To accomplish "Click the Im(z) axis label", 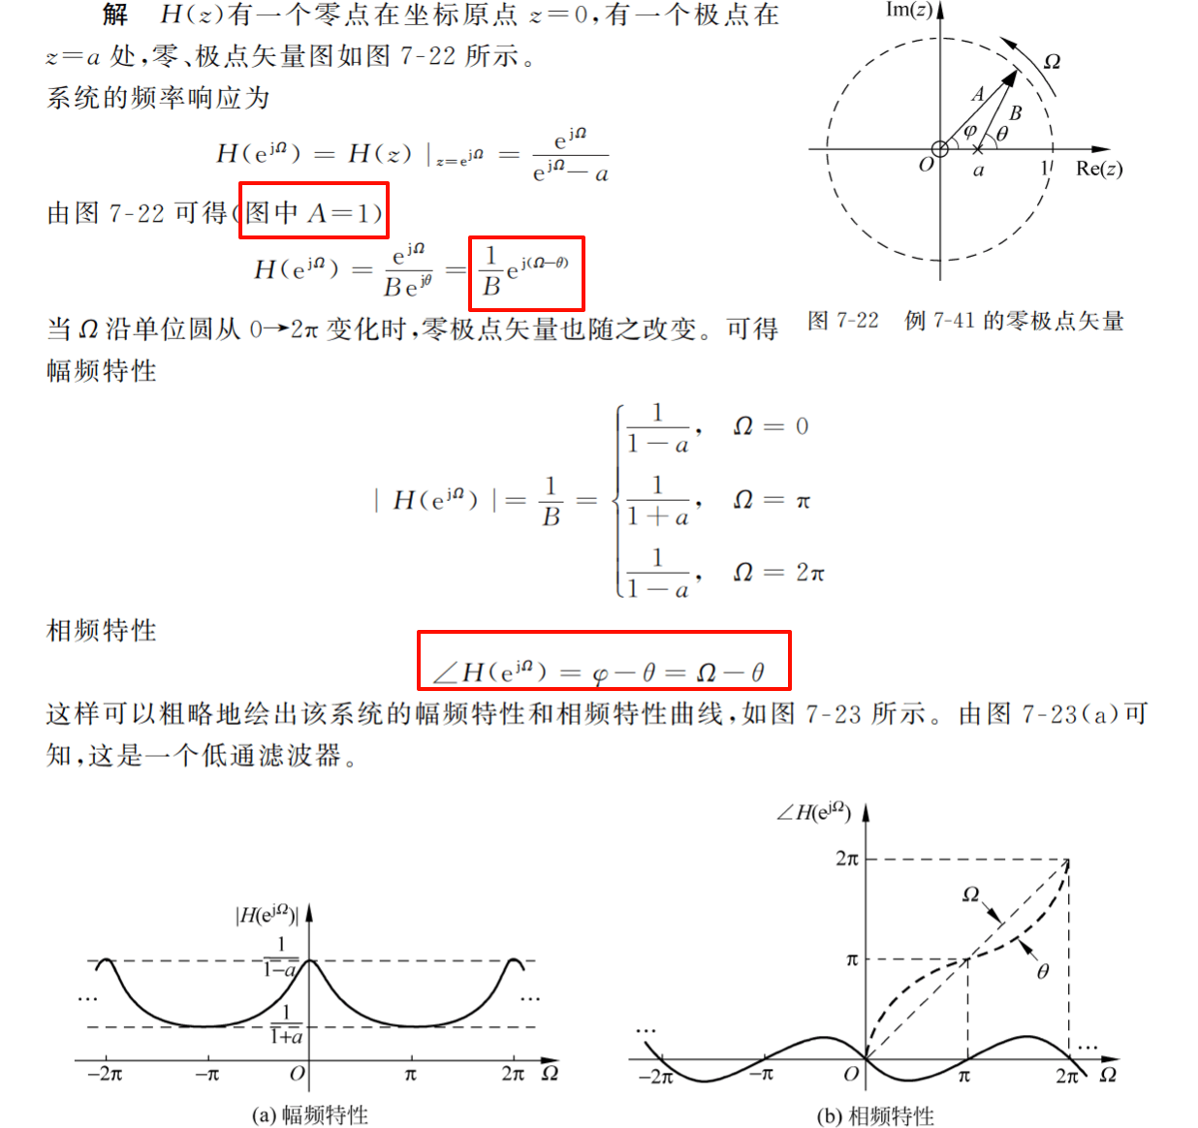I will click(x=908, y=11).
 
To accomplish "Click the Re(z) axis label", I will click(x=1099, y=169).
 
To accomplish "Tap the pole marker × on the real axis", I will click(x=977, y=149).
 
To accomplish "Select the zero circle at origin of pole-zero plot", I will click(x=939, y=148).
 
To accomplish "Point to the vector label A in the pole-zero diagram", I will click(x=978, y=94).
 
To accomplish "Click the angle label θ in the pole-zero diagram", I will click(x=1002, y=134).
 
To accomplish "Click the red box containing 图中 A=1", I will click(x=313, y=211).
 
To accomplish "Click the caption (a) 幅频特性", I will click(x=310, y=1115).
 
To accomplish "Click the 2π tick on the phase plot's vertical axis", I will click(x=846, y=859).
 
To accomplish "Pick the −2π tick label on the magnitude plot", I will click(x=105, y=1074).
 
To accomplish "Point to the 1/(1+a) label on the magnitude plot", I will click(x=286, y=1025).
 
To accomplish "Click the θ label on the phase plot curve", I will click(x=1043, y=971).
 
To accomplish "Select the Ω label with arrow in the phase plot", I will click(x=970, y=894).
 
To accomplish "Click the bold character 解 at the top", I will click(x=115, y=15).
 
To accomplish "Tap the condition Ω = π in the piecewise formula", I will click(x=772, y=500).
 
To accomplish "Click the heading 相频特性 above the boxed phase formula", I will click(x=102, y=631).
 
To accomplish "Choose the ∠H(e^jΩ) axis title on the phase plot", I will click(x=814, y=812).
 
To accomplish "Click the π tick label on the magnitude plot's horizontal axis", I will click(x=411, y=1074).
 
